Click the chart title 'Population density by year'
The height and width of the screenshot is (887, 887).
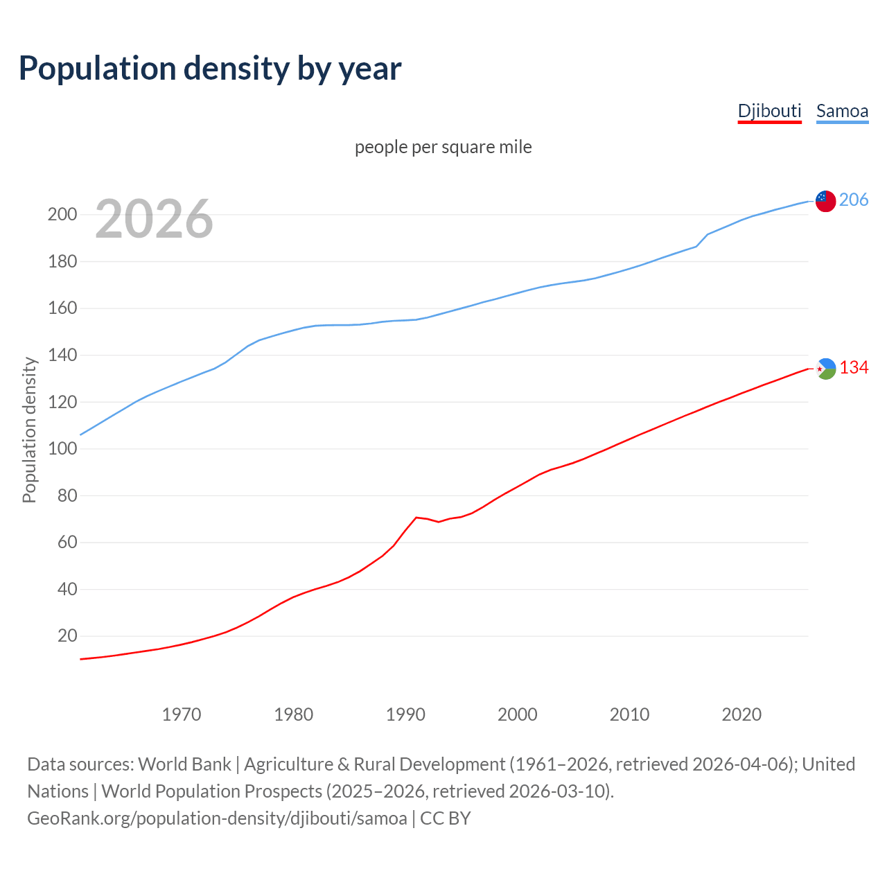[210, 69]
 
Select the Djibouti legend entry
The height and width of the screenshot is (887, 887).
[769, 111]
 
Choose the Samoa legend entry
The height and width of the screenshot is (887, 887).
[842, 111]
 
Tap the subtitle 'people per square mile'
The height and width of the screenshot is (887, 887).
[443, 147]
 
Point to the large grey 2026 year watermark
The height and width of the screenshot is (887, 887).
[154, 219]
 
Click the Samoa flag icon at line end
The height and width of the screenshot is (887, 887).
[825, 201]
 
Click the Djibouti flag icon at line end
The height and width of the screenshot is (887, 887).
[825, 369]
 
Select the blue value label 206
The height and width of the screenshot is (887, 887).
[854, 200]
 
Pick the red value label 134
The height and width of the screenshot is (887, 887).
[854, 368]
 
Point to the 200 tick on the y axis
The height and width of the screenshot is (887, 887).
[62, 215]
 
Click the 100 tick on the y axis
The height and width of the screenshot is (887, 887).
[62, 449]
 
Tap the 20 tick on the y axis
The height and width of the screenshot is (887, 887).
[67, 636]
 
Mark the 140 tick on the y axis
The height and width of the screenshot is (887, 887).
[62, 355]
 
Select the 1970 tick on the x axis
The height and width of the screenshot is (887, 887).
[182, 714]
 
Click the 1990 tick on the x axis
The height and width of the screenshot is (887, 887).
[405, 714]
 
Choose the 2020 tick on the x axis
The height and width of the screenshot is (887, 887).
[741, 714]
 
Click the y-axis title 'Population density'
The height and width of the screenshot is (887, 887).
[29, 430]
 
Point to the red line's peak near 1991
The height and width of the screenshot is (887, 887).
[416, 517]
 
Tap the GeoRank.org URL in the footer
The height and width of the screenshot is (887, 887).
[217, 818]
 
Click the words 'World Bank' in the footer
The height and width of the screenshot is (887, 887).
[184, 764]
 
